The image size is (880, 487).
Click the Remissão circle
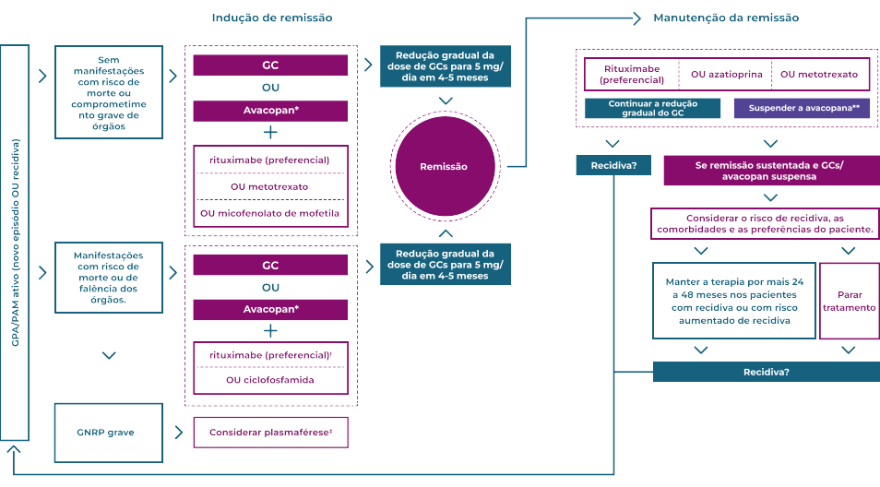click(x=444, y=167)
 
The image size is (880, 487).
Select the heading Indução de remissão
click(x=271, y=18)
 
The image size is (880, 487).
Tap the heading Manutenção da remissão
click(x=726, y=18)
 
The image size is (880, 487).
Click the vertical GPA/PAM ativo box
click(x=15, y=243)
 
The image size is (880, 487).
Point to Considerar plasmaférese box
click(x=270, y=432)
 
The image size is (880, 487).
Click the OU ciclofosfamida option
click(x=270, y=379)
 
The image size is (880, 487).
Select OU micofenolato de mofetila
click(x=270, y=213)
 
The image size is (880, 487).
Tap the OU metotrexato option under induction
click(x=270, y=186)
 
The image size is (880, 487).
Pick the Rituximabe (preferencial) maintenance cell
click(x=631, y=74)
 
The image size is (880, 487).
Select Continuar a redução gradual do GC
click(x=652, y=108)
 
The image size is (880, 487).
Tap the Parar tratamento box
click(x=850, y=301)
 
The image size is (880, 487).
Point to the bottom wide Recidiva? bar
click(x=766, y=372)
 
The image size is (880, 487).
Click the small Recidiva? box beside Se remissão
click(x=612, y=166)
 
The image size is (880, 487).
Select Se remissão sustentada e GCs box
click(x=770, y=171)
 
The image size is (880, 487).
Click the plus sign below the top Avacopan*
click(x=270, y=132)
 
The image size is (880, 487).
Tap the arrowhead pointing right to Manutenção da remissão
click(x=638, y=18)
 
